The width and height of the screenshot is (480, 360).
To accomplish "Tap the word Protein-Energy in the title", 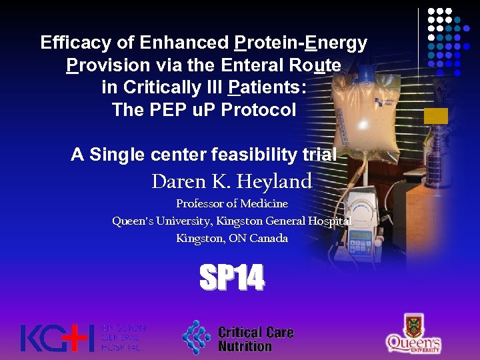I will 301,43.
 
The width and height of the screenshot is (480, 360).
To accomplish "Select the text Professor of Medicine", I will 231,203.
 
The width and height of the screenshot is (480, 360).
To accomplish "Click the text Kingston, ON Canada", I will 231,238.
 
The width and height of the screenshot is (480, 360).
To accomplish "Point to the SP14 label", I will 232,278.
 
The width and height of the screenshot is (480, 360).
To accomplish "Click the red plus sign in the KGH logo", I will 80,338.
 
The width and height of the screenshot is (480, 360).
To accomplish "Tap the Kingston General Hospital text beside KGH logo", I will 123,338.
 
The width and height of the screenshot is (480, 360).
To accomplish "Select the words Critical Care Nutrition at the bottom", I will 255,339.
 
